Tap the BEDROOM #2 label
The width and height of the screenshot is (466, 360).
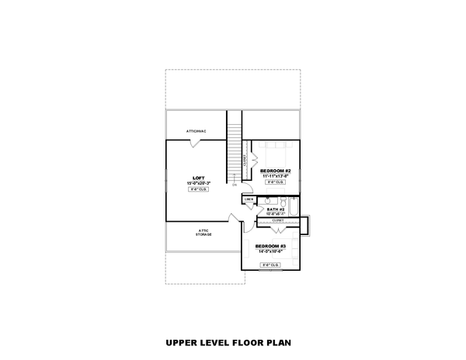(x=275, y=171)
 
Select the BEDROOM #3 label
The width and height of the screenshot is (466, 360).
(x=271, y=246)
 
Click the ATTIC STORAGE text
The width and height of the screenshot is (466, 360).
(x=203, y=234)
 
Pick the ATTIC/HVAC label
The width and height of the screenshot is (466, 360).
(x=196, y=131)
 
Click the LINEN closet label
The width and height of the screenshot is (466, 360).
(x=249, y=199)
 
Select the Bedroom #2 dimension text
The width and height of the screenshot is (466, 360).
(x=275, y=176)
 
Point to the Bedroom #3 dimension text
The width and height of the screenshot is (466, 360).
(x=271, y=252)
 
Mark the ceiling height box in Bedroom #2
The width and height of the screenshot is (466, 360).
(x=275, y=182)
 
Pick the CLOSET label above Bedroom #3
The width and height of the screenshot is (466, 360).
(x=277, y=220)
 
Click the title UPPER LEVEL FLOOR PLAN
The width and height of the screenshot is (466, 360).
(x=232, y=341)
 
